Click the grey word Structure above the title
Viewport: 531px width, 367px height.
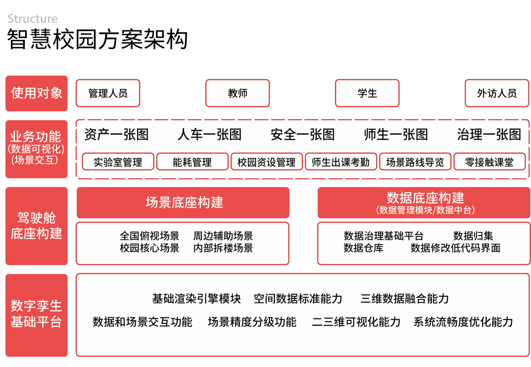point(33,19)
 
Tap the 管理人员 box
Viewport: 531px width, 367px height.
point(108,93)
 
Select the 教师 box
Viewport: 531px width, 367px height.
point(237,93)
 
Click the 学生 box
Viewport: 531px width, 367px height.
point(367,93)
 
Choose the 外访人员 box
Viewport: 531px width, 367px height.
point(497,93)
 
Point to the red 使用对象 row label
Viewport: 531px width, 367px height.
point(37,93)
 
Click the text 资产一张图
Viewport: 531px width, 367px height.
point(116,134)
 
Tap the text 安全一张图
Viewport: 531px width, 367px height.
point(303,134)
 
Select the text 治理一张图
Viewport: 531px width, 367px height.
point(489,134)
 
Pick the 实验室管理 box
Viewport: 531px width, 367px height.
point(118,162)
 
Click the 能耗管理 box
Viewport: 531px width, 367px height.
point(192,162)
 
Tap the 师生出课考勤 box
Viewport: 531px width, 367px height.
point(341,162)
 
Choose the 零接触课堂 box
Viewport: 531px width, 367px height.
point(490,162)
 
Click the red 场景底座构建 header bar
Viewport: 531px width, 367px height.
point(183,202)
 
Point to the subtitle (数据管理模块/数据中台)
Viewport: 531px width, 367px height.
point(425,210)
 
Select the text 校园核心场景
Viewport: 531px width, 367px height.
point(149,248)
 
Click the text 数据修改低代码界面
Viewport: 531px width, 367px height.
point(455,248)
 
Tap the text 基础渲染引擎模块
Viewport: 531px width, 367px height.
point(197,299)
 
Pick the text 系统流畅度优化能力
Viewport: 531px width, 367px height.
point(463,322)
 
